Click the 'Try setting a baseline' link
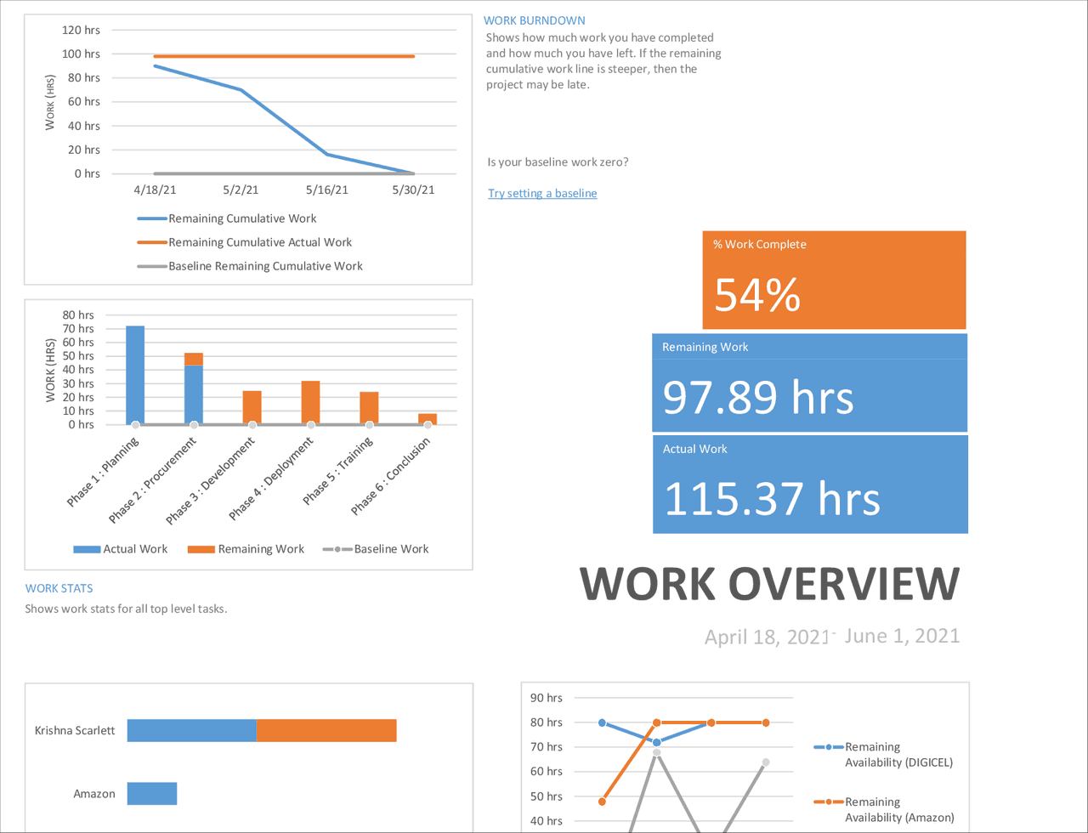click(x=542, y=194)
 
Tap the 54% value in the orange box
click(x=756, y=294)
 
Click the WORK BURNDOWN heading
click(x=534, y=20)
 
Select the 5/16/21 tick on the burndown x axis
click(x=327, y=190)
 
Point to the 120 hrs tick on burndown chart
click(x=82, y=30)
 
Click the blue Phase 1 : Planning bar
click(x=135, y=374)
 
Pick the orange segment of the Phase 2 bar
click(x=194, y=359)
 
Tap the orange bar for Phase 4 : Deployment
click(x=311, y=402)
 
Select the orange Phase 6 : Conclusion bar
click(x=428, y=418)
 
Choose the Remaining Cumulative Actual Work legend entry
click(x=259, y=242)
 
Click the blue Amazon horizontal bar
click(x=152, y=794)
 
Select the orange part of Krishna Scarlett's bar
click(x=326, y=730)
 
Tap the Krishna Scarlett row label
click(x=75, y=730)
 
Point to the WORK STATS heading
click(x=59, y=587)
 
